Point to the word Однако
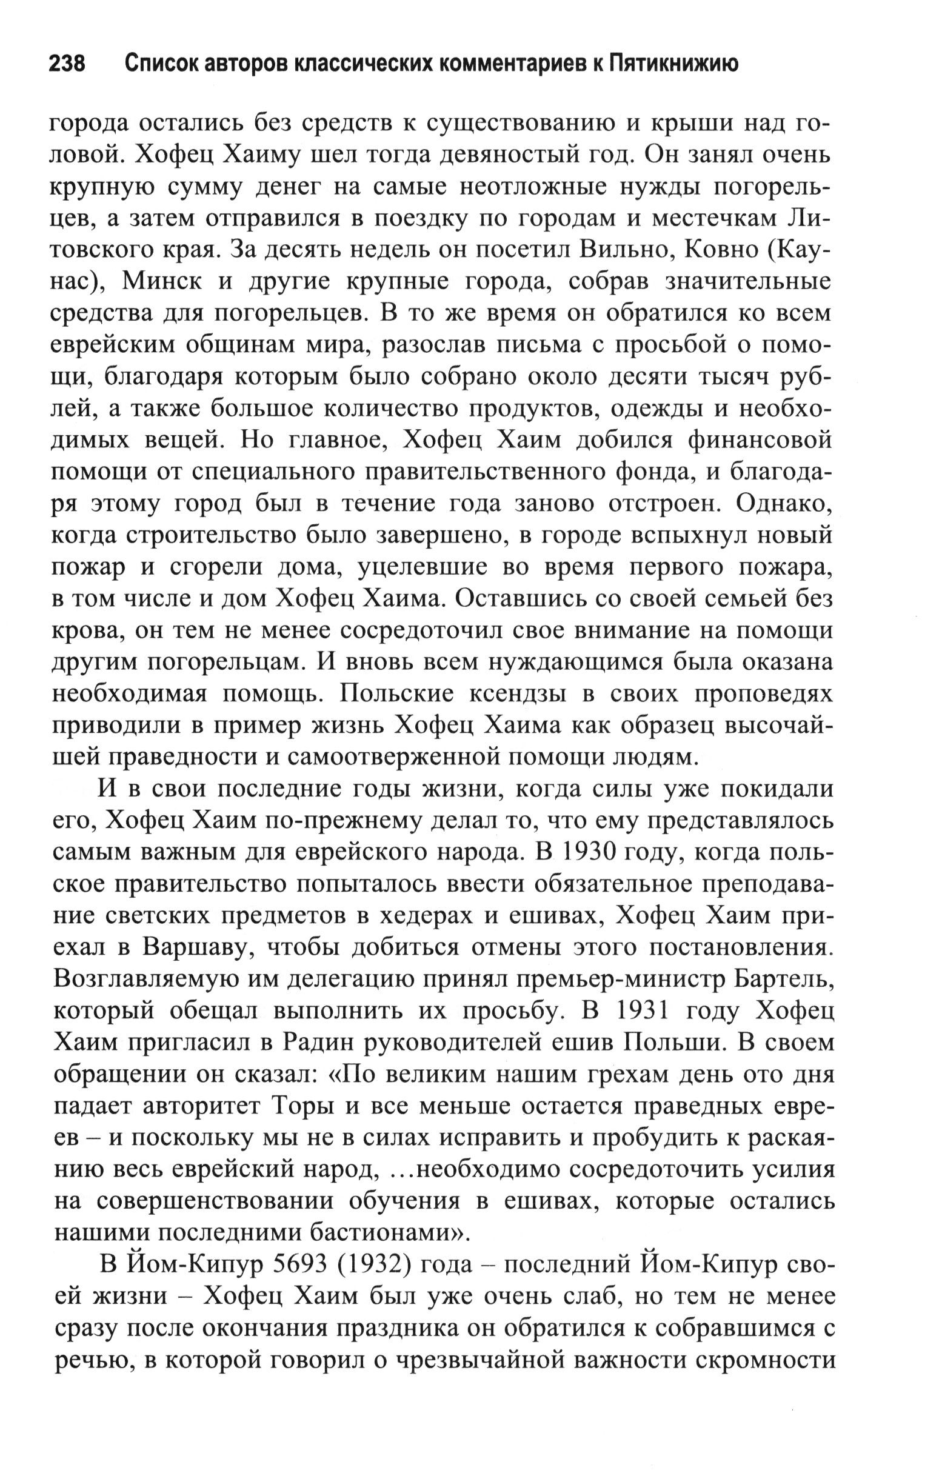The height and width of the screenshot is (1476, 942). click(x=784, y=504)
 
